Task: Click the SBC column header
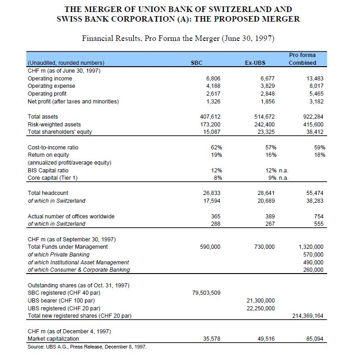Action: (x=196, y=63)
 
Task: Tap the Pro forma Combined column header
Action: (x=302, y=59)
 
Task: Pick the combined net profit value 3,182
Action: (x=317, y=101)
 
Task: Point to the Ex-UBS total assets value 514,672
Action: (x=264, y=117)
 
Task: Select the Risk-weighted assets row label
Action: (x=54, y=124)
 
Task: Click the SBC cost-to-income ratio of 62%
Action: (x=216, y=147)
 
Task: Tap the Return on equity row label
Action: (x=48, y=154)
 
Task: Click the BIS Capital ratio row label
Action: (x=48, y=170)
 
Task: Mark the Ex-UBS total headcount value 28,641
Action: (x=265, y=193)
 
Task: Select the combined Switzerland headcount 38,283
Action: (x=315, y=200)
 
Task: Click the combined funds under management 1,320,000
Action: (x=311, y=247)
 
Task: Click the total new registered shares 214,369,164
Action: (x=307, y=315)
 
